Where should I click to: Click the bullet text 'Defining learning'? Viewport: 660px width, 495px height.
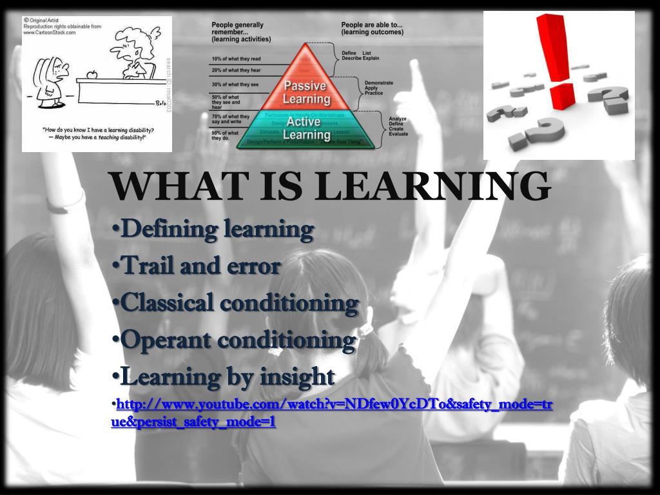click(217, 229)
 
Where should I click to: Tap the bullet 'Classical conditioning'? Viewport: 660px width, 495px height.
click(238, 303)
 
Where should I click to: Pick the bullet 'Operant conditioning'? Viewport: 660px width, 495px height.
click(237, 340)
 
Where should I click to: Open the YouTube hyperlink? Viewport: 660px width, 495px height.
click(332, 405)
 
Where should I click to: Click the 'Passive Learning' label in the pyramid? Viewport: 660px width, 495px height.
click(306, 93)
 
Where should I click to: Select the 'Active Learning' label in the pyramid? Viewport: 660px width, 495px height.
click(307, 128)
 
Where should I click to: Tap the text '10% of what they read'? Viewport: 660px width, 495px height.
click(236, 59)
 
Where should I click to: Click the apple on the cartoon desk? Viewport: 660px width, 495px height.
click(91, 75)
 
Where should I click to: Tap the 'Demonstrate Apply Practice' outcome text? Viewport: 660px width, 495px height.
click(379, 88)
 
